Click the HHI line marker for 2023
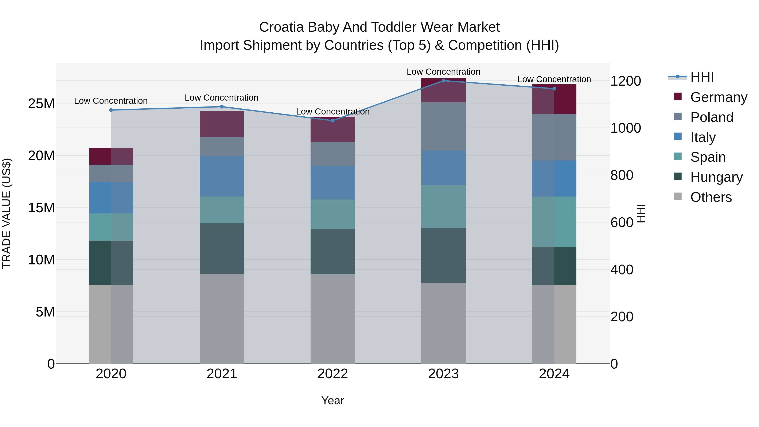(x=443, y=81)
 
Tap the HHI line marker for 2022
(x=333, y=121)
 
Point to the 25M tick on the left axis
(x=41, y=104)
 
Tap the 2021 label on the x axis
(x=222, y=374)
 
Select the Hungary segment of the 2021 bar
(x=222, y=248)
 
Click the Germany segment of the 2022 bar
(x=333, y=130)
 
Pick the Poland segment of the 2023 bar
(x=443, y=127)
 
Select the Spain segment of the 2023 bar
(x=443, y=206)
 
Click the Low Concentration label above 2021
(x=222, y=98)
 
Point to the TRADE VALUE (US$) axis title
(x=7, y=213)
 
